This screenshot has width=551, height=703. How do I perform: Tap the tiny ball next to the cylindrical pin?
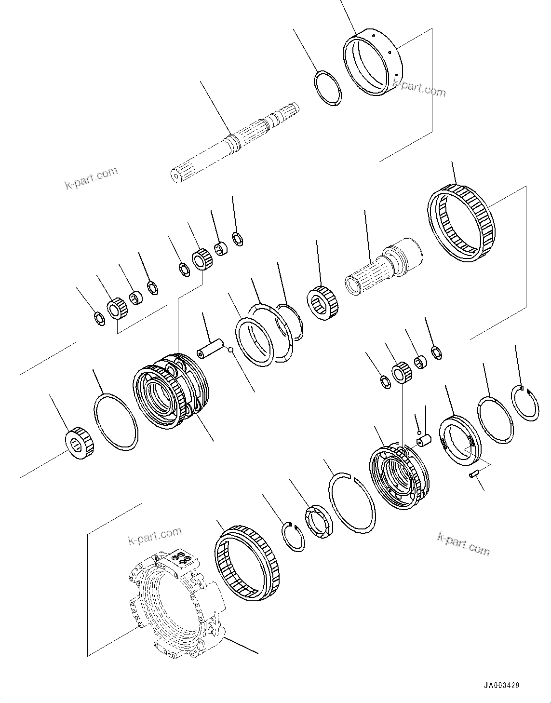click(x=231, y=350)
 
